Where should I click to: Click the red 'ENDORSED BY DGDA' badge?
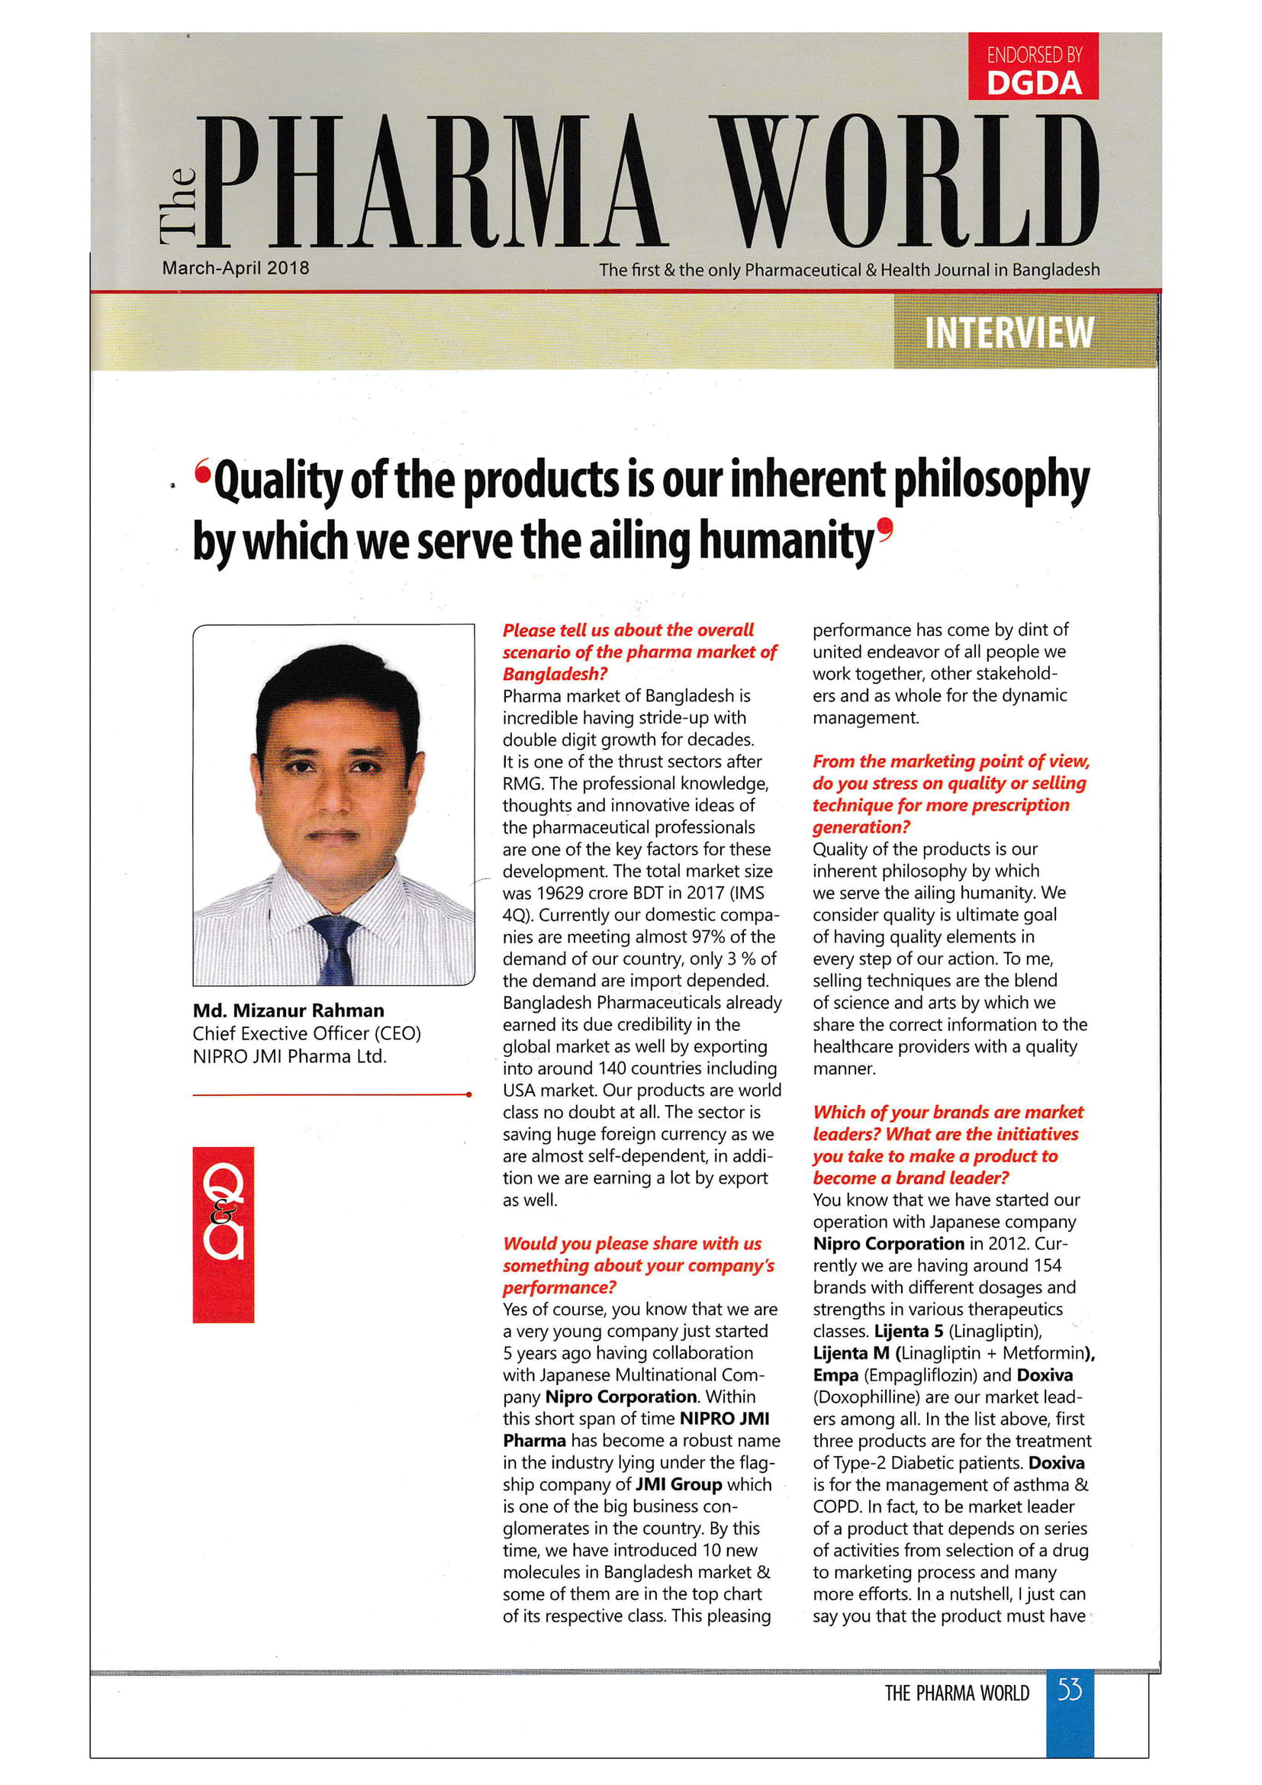pos(1033,67)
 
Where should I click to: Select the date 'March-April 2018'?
pos(236,268)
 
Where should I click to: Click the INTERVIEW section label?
pos(1009,333)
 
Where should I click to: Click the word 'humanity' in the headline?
pos(785,541)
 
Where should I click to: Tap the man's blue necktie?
pos(333,949)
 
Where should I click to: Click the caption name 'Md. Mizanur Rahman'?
pos(288,1010)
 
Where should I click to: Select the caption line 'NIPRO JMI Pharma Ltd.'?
pos(289,1056)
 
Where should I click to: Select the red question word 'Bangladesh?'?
pos(555,674)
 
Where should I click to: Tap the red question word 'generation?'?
pos(861,827)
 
